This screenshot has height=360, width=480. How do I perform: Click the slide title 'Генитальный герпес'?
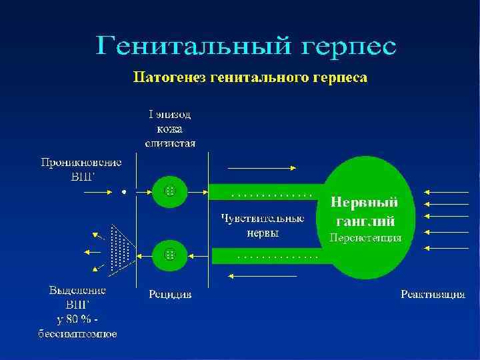point(246,47)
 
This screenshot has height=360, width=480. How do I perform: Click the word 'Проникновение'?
point(81,162)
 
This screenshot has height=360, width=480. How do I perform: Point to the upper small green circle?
point(169,190)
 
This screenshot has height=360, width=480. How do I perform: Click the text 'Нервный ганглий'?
point(365,210)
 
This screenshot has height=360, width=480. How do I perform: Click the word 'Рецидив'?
point(169,294)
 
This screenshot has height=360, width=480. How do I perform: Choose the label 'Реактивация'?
point(433,294)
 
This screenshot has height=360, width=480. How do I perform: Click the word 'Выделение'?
point(77,291)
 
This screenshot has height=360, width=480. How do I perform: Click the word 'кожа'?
point(171,129)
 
